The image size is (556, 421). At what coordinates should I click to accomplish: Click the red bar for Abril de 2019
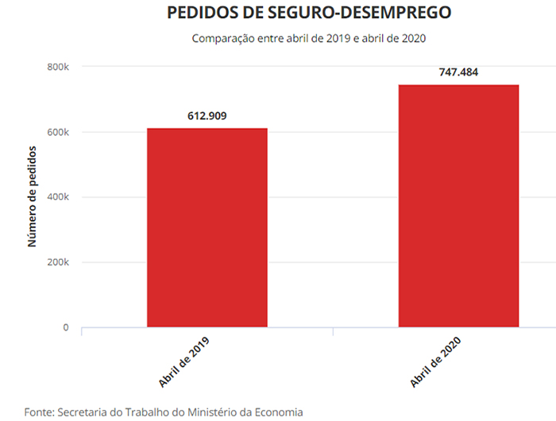point(207,227)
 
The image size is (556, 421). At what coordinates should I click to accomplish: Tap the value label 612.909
point(207,116)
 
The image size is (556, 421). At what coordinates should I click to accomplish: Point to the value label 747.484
point(458,72)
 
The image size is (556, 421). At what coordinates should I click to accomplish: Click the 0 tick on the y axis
point(66,327)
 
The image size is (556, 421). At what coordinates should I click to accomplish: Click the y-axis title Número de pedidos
point(33,196)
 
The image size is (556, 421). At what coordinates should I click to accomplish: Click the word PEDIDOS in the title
point(200,13)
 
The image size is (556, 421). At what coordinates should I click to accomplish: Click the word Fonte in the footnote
point(40,411)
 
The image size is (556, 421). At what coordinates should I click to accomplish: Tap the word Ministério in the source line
point(203,411)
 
